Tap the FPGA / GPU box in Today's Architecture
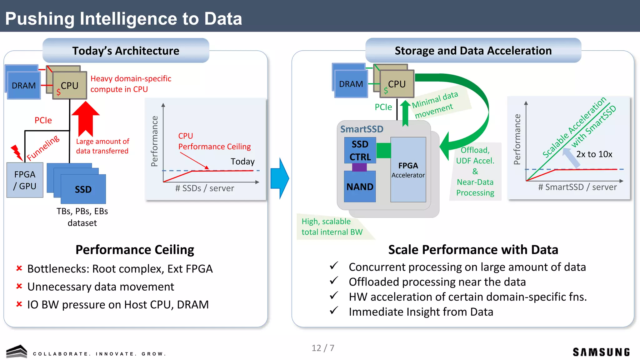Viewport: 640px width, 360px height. [x=25, y=180]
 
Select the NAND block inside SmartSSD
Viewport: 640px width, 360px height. [x=360, y=187]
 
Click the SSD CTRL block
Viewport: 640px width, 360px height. [x=360, y=150]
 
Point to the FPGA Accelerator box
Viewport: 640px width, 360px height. [x=408, y=170]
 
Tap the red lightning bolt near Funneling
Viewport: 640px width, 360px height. [x=16, y=152]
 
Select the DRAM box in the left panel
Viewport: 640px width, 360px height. [x=23, y=85]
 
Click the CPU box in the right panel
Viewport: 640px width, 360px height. [x=397, y=84]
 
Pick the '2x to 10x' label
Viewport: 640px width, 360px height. [x=594, y=154]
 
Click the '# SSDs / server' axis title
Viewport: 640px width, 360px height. [x=204, y=188]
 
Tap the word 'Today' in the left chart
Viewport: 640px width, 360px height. [x=242, y=161]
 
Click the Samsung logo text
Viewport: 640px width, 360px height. [x=601, y=352]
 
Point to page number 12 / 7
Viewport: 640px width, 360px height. [x=323, y=348]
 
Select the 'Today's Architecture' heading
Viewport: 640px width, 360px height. [x=126, y=51]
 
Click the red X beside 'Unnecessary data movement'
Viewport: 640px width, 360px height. [x=19, y=286]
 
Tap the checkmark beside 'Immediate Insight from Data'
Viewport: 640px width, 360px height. [x=334, y=311]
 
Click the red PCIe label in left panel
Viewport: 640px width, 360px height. [x=43, y=120]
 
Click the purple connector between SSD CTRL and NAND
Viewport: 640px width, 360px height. [x=359, y=167]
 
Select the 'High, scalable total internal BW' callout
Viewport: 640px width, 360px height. [x=332, y=227]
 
